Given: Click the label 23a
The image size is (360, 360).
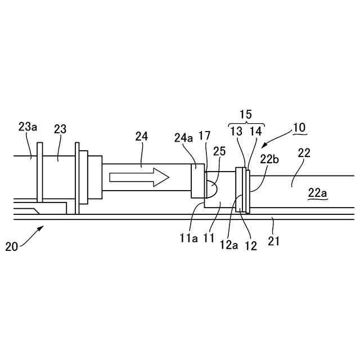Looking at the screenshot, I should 28,127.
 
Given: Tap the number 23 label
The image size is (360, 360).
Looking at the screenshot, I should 60,129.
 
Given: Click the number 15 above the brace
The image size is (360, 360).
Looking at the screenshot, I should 246,114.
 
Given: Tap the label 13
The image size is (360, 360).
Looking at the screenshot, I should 237,131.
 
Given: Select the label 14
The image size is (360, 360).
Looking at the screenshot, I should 255,131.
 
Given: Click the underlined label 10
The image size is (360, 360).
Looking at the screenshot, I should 299,127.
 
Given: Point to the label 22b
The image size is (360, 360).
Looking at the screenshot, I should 268,159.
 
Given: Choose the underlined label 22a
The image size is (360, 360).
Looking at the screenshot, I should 317,193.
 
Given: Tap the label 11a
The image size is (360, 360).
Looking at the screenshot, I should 188,237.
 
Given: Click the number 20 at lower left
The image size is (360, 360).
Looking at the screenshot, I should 11,246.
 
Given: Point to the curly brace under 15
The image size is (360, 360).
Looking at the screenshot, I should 246,123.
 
